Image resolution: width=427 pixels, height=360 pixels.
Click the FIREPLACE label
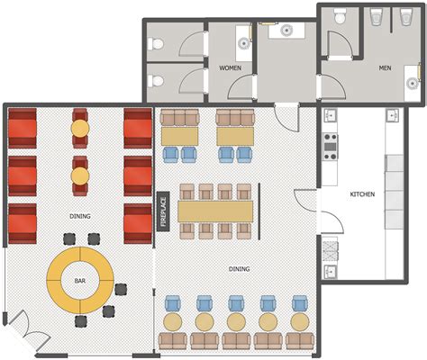tap(164, 211)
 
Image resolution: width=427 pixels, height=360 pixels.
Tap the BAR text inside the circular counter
tap(80, 281)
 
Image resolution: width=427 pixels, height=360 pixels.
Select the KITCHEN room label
tap(362, 194)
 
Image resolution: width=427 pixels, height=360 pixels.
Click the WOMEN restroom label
tap(230, 68)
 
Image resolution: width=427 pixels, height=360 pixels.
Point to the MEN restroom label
tap(385, 68)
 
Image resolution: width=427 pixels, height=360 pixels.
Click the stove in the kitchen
tap(331, 147)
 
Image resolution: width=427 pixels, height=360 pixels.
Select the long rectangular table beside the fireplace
tap(215, 211)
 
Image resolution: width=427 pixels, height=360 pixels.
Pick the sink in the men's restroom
tap(412, 83)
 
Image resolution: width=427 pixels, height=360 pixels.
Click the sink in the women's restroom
tap(243, 43)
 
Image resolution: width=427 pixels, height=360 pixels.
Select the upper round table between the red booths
tap(80, 129)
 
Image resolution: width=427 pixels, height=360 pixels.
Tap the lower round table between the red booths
tap(80, 175)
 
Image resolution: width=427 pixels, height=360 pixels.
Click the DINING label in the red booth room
tap(80, 216)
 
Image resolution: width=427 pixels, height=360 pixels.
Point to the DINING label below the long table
tap(240, 269)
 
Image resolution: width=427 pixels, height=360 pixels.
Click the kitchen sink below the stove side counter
tap(331, 272)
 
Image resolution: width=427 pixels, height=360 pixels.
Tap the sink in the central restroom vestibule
tap(286, 31)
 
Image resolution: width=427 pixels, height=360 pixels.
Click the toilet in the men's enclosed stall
tap(340, 16)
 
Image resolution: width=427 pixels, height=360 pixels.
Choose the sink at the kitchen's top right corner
tap(393, 115)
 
